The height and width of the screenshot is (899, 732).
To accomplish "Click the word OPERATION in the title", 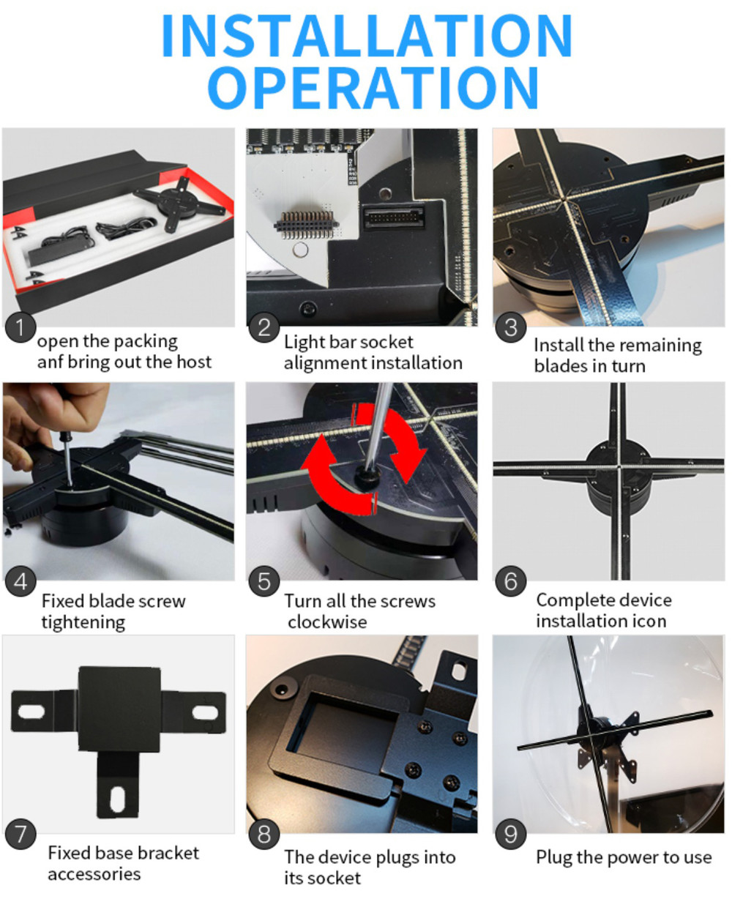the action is (373, 88).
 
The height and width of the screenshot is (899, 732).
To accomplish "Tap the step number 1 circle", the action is (20, 327).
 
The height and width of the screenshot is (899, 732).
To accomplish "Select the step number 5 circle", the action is (264, 581).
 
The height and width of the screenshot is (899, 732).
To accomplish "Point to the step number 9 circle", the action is (510, 834).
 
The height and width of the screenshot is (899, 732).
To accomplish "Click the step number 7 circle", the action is (20, 834).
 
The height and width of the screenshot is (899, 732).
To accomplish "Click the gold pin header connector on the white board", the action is (307, 225).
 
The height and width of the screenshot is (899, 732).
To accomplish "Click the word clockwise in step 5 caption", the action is (327, 622).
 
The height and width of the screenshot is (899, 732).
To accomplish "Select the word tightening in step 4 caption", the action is (83, 622).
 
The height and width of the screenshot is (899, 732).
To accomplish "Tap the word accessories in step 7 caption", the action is (94, 874).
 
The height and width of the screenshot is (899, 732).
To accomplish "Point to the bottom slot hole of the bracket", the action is (117, 799).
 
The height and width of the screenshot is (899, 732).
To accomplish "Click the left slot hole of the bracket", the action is (31, 711).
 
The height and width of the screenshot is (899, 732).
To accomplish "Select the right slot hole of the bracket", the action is (206, 712).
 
